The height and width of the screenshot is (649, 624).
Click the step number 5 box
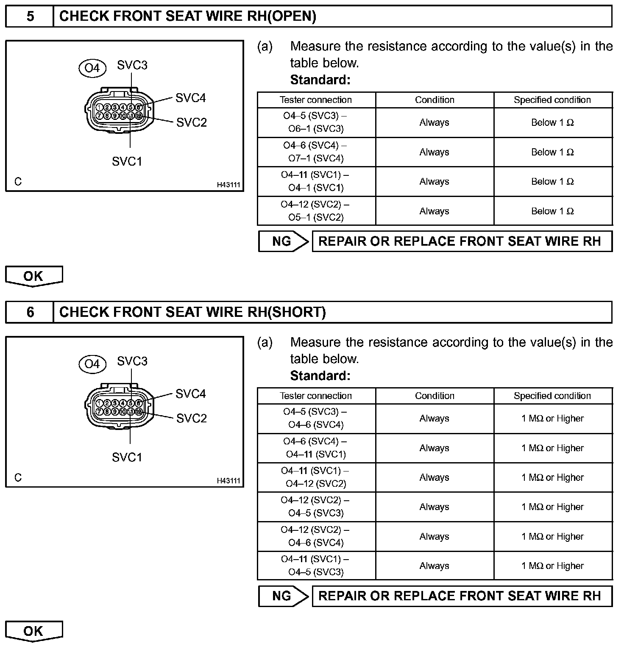[30, 17]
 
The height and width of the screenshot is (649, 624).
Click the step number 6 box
[30, 312]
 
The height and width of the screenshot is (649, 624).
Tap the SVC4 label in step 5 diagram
[190, 98]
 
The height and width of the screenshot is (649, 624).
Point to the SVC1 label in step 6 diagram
[127, 457]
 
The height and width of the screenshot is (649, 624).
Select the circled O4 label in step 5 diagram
[92, 68]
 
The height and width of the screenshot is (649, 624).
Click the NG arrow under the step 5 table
[284, 241]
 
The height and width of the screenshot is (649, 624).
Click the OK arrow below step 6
[34, 631]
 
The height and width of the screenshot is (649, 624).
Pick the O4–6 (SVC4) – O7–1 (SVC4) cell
[316, 152]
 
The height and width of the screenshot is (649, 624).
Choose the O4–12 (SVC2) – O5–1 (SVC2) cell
[316, 211]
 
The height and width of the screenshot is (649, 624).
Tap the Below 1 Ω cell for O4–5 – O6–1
[552, 122]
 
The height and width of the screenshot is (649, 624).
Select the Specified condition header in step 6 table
[552, 396]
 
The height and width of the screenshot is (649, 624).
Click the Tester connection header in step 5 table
[316, 100]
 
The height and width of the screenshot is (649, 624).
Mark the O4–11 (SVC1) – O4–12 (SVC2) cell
[316, 477]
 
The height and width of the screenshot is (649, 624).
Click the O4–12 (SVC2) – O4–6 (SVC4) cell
[316, 536]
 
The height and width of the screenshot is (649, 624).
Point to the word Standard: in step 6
[320, 376]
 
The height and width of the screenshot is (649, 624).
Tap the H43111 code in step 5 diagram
[228, 185]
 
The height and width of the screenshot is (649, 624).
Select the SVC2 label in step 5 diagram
[192, 122]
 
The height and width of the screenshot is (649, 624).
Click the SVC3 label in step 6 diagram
[132, 361]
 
